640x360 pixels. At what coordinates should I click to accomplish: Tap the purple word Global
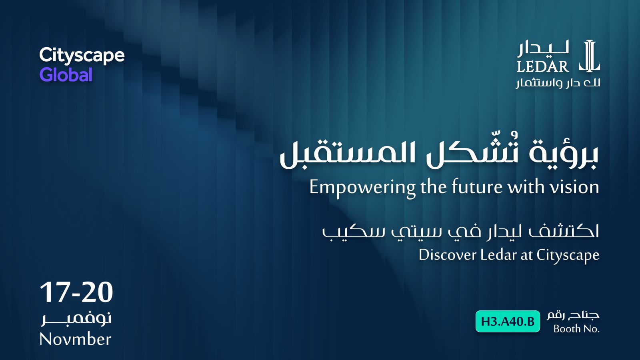[x=66, y=75]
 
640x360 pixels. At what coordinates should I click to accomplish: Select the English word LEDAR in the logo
[x=542, y=67]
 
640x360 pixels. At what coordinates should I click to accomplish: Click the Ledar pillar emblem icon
[x=590, y=56]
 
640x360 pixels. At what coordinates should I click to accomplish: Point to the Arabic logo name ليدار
[x=543, y=48]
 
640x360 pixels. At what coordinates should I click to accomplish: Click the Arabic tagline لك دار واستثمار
[x=558, y=83]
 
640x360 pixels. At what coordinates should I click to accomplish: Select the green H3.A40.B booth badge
[x=508, y=322]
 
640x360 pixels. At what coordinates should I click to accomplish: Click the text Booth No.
[x=576, y=329]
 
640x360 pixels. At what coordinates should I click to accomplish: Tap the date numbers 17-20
[x=76, y=292]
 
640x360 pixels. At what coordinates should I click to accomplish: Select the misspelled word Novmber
[x=75, y=339]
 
